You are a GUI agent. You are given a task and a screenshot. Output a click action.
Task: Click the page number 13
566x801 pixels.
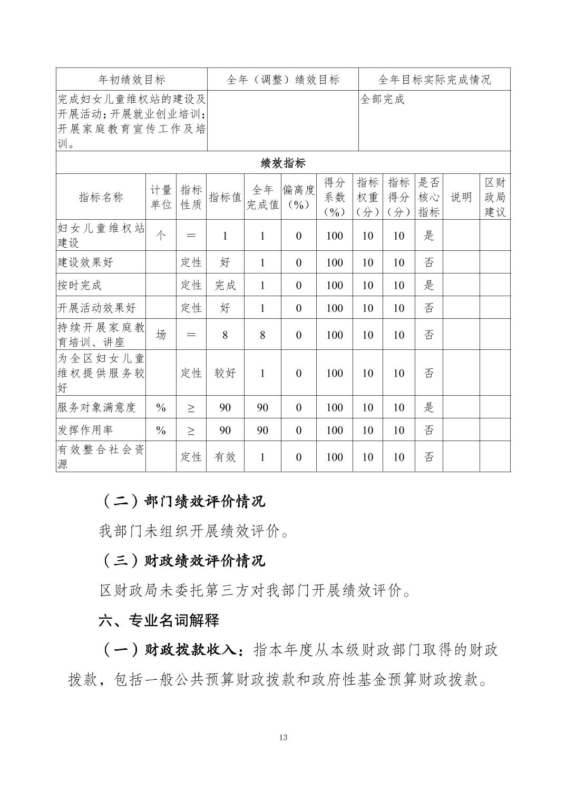coord(283,737)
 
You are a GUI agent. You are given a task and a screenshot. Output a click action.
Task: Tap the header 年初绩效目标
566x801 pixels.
coord(132,80)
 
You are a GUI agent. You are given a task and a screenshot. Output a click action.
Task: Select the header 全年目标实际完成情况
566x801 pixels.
coord(434,80)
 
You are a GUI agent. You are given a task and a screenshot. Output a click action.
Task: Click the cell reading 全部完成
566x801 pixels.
coord(382,100)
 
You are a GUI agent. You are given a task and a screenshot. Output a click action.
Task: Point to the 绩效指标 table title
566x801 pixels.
coord(283,163)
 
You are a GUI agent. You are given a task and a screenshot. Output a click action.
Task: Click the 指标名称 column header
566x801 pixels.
coord(101,197)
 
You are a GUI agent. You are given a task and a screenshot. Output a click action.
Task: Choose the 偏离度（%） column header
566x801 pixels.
coord(298,197)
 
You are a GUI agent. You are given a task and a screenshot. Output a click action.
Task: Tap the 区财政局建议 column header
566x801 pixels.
coord(494,197)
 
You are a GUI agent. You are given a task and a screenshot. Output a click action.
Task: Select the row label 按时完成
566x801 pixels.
coord(80,285)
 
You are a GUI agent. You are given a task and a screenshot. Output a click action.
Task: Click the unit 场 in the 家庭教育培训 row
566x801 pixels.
coord(161,335)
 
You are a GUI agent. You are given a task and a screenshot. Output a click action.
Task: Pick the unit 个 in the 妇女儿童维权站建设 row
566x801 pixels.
coord(161,236)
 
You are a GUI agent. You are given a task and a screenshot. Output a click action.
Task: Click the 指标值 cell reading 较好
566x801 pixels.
coord(225,373)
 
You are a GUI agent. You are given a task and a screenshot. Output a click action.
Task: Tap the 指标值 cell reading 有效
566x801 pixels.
coord(225,457)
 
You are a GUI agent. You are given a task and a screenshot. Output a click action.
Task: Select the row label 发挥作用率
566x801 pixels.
coord(85,430)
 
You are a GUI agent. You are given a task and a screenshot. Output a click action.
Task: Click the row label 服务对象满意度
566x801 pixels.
coord(96,407)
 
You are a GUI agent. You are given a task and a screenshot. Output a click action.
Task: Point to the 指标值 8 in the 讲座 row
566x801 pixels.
coord(225,335)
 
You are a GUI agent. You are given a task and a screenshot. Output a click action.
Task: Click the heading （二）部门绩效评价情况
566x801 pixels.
coord(182,501)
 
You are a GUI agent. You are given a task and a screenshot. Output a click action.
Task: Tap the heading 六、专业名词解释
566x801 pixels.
coord(159,620)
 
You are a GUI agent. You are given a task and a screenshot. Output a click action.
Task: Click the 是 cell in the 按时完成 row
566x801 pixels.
coord(429,285)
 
